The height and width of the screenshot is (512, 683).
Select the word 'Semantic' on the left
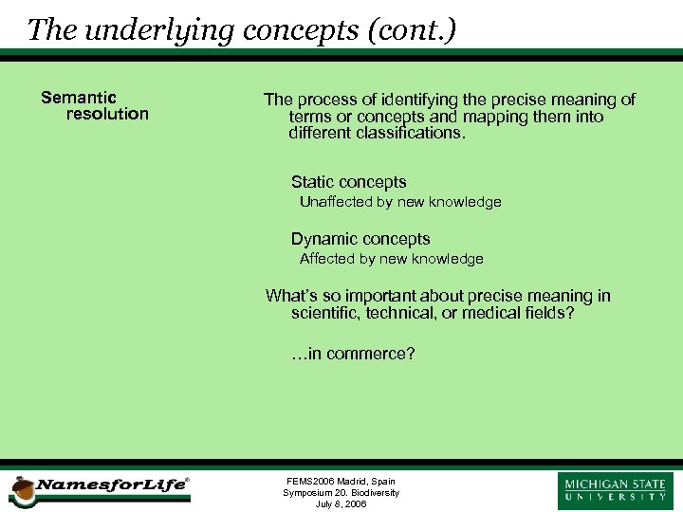click(79, 98)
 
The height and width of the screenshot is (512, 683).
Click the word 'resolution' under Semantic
click(107, 114)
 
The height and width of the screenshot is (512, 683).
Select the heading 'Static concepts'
click(348, 182)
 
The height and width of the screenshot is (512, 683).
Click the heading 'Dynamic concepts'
click(360, 239)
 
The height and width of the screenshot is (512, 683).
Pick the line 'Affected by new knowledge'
click(391, 259)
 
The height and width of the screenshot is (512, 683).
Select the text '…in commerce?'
click(353, 354)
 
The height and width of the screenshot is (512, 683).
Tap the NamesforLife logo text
click(110, 485)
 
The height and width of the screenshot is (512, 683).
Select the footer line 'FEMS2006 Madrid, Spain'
click(341, 482)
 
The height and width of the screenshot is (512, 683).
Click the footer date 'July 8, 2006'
click(341, 503)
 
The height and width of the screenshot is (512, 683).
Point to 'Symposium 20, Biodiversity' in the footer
click(341, 493)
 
